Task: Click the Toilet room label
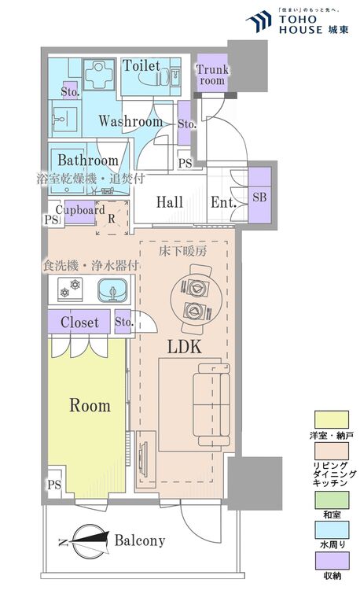(x=141, y=66)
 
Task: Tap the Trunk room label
(x=212, y=75)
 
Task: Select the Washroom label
(x=130, y=121)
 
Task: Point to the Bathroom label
(x=88, y=160)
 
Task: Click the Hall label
(x=170, y=202)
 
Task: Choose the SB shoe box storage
(x=259, y=196)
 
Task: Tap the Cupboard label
(x=80, y=211)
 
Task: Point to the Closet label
(x=79, y=323)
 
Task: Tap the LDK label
(x=185, y=347)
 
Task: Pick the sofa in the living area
(x=211, y=404)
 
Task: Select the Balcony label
(x=140, y=540)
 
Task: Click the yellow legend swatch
(x=332, y=419)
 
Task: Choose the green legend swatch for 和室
(x=332, y=500)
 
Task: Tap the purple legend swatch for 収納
(x=332, y=561)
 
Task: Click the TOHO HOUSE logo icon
(x=259, y=21)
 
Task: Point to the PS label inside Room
(x=54, y=485)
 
